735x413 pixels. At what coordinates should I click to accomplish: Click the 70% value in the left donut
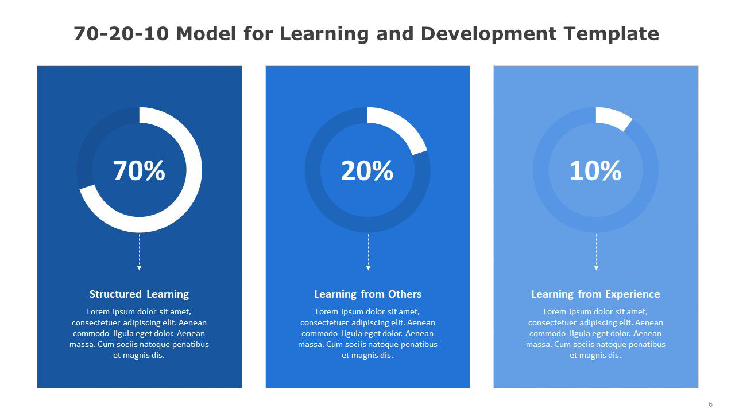[x=139, y=170]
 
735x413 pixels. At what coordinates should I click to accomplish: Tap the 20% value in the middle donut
[x=367, y=170]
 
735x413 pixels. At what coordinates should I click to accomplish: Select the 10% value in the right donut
[x=595, y=170]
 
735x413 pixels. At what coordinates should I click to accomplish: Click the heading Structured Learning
[x=139, y=294]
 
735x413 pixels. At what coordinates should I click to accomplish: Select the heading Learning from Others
[x=367, y=294]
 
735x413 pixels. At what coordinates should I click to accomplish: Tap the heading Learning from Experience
[x=595, y=294]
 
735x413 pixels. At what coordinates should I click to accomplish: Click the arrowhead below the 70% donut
[x=139, y=268]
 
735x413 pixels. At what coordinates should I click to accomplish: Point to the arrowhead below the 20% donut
[x=368, y=268]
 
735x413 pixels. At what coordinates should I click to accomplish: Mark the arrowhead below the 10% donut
[x=596, y=268]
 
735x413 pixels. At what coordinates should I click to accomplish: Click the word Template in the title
[x=612, y=34]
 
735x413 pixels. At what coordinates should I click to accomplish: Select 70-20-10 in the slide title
[x=121, y=34]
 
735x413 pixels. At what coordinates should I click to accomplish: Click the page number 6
[x=711, y=404]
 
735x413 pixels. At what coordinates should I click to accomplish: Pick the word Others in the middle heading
[x=405, y=294]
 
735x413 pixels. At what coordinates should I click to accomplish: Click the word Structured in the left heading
[x=115, y=294]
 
